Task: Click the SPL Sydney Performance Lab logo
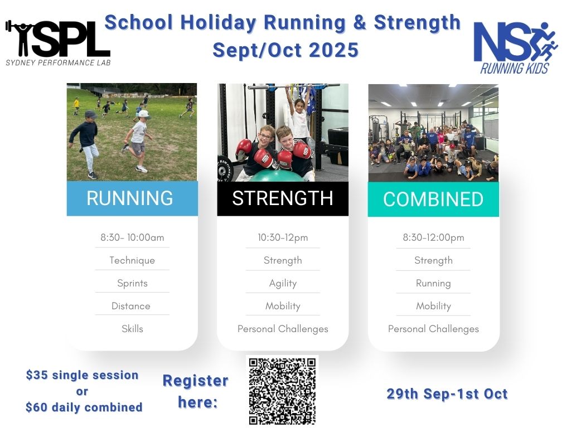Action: tap(57, 43)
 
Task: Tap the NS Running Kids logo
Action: tap(515, 48)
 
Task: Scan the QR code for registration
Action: tap(282, 391)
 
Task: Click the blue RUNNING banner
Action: tap(132, 198)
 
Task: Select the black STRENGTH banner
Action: tap(283, 198)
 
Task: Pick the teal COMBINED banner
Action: tap(433, 199)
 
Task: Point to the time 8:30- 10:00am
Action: tap(132, 237)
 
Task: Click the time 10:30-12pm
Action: tap(283, 237)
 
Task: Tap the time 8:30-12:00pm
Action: tap(433, 237)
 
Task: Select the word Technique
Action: tap(132, 260)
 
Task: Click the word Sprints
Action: tap(132, 283)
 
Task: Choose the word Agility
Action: tap(283, 283)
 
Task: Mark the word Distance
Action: tap(130, 306)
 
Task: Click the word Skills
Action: tap(132, 329)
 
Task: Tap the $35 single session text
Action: tap(83, 375)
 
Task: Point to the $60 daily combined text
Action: tap(84, 407)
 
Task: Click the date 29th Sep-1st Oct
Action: tap(447, 394)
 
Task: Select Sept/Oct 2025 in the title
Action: tap(285, 50)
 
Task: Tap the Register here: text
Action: tap(196, 391)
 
